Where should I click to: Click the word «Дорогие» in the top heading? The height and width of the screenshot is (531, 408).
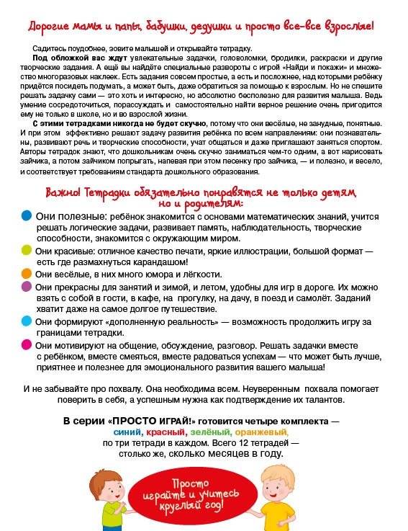point(49,27)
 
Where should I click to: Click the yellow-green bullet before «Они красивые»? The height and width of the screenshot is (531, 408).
point(26,249)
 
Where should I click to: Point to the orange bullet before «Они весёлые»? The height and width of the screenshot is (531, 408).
point(26,274)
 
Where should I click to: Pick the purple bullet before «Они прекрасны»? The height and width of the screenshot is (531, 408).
point(26,286)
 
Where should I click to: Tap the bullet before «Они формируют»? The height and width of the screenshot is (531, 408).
point(26,321)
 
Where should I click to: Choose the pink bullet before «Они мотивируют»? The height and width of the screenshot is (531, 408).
point(26,344)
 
